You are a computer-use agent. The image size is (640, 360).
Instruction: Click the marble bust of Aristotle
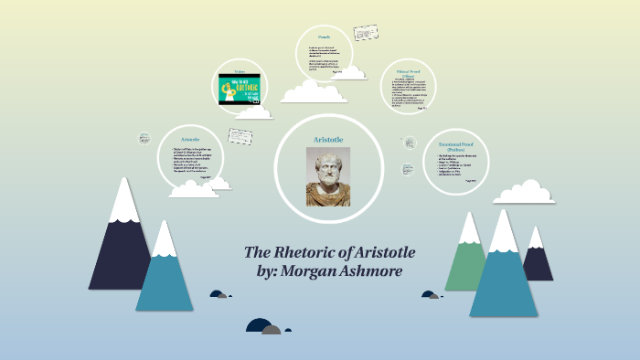coord(327,175)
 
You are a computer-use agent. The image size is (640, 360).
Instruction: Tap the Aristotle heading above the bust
coord(327,137)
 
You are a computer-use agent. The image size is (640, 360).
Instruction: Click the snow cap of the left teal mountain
coord(165,239)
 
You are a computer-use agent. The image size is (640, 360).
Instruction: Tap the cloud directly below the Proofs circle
coord(314,90)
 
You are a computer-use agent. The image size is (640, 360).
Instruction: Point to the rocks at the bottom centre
coord(266,325)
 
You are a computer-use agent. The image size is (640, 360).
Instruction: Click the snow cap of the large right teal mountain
coord(504,232)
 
